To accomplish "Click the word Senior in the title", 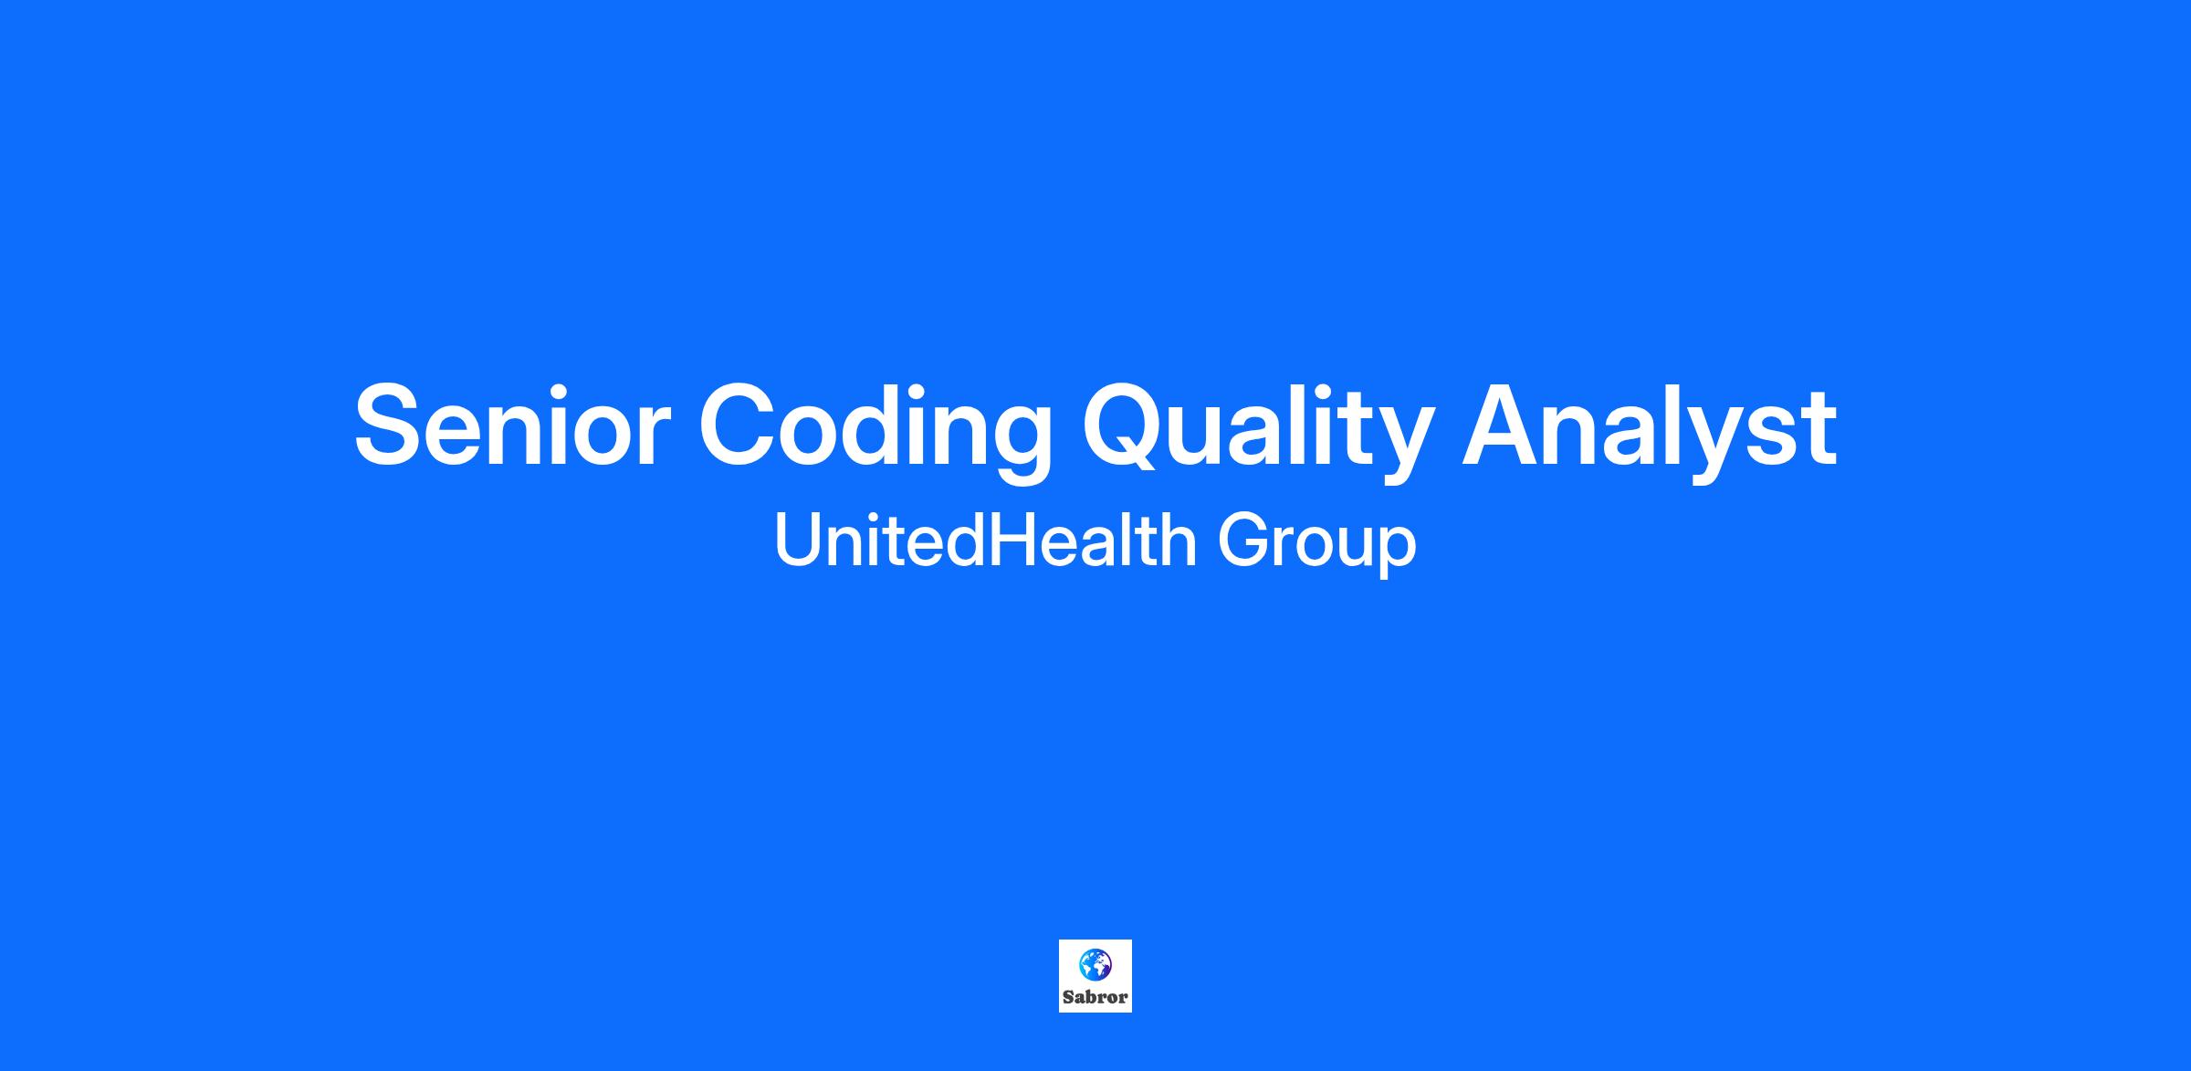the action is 513,426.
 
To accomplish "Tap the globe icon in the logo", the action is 1095,964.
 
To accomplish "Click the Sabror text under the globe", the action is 1095,997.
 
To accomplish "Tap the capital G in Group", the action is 1245,541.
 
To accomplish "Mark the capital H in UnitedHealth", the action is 1012,541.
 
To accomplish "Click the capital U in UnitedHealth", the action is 795,541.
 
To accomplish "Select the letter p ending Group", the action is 1398,553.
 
